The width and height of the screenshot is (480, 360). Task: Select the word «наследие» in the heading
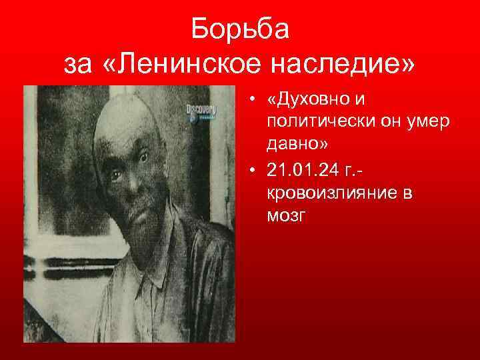click(x=353, y=65)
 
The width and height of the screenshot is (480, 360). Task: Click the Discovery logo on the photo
click(x=201, y=109)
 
